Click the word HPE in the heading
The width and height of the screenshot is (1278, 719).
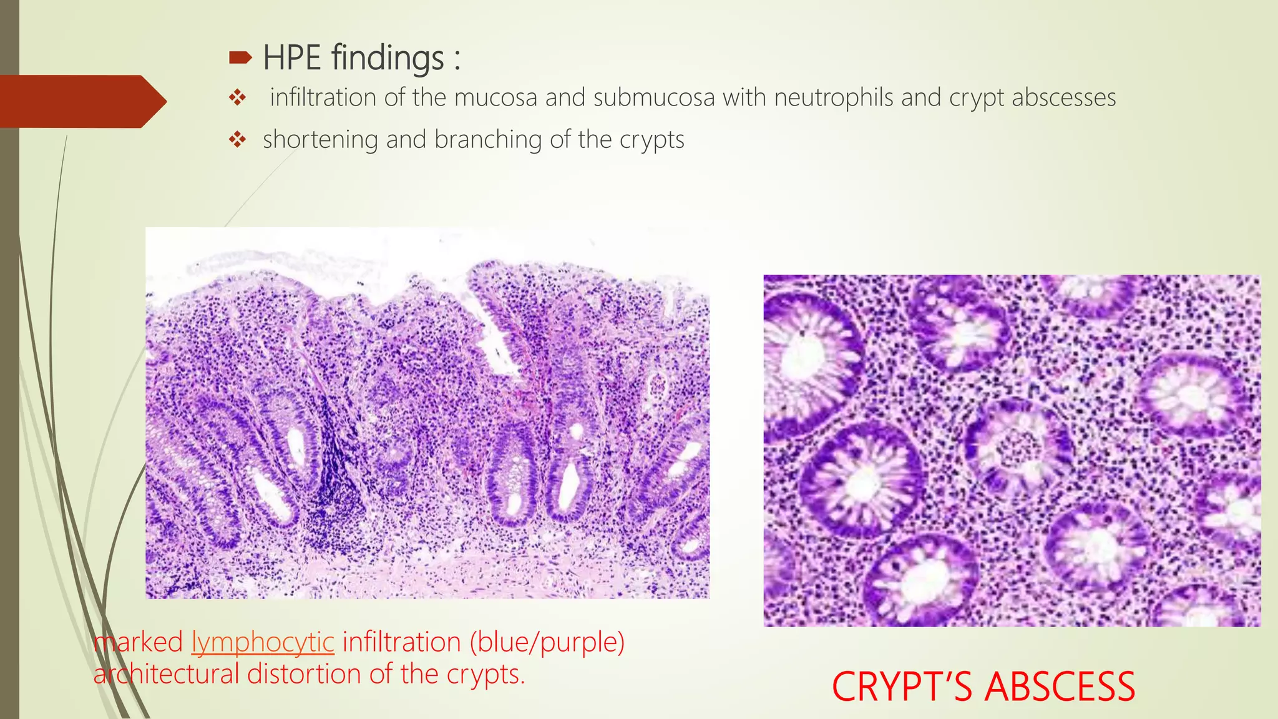pos(291,58)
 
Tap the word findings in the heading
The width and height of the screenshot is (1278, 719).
pos(388,58)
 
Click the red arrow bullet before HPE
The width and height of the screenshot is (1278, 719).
pos(240,59)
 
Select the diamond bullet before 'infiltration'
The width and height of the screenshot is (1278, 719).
pos(237,97)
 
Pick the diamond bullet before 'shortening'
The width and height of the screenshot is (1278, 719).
pos(237,140)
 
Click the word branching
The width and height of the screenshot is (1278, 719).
pos(488,140)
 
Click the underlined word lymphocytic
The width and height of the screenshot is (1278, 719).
pos(263,642)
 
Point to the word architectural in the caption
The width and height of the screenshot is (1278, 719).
pos(166,674)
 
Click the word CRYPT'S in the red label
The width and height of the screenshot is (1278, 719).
pos(902,687)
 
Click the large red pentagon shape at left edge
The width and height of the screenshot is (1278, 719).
pos(81,101)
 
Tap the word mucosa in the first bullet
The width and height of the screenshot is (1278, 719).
pos(495,98)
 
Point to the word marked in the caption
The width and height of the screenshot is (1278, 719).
pos(138,642)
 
